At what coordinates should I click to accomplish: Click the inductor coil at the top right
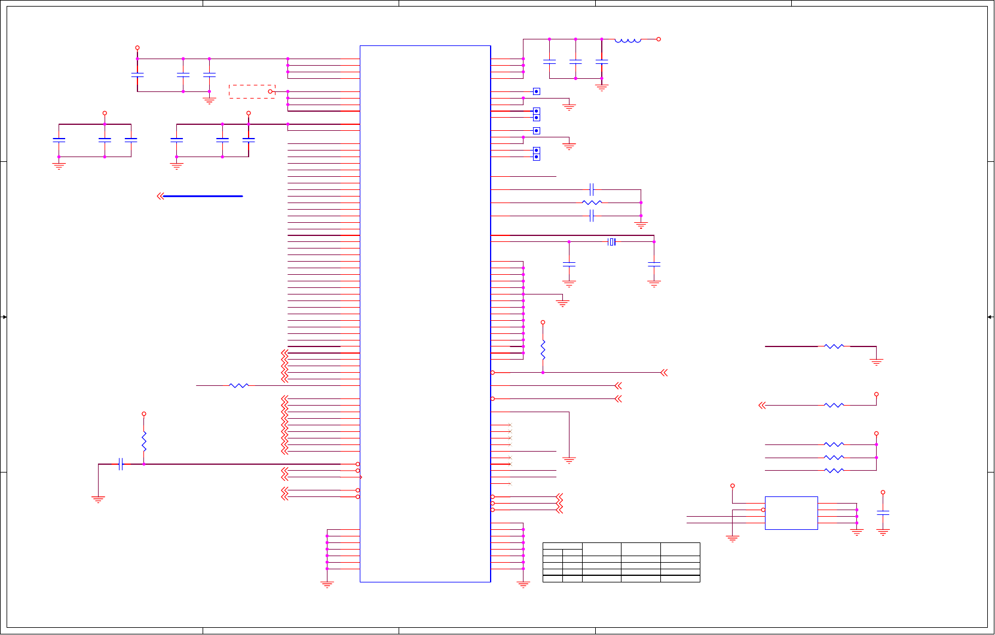627,40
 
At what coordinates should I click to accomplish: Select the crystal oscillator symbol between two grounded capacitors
611,242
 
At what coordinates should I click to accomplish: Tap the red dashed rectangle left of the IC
252,91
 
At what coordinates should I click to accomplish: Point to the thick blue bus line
203,196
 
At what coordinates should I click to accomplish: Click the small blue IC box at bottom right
791,513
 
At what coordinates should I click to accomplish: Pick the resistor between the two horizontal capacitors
592,203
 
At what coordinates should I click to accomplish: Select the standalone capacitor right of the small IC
883,513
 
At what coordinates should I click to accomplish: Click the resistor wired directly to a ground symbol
834,346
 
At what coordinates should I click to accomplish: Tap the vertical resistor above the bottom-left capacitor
144,441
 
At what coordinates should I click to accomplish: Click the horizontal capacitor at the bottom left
121,464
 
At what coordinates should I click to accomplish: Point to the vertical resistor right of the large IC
543,349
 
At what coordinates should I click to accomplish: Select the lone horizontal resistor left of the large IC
238,386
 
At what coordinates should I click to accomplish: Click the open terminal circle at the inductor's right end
659,39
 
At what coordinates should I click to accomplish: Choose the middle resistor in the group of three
834,458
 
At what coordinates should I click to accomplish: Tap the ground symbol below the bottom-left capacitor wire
98,499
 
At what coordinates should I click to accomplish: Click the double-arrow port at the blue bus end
160,196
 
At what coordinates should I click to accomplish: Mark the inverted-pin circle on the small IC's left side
763,510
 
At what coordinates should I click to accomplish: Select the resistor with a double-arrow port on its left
834,406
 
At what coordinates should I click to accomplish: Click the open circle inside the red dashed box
270,91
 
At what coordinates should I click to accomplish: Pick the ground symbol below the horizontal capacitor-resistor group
641,226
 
